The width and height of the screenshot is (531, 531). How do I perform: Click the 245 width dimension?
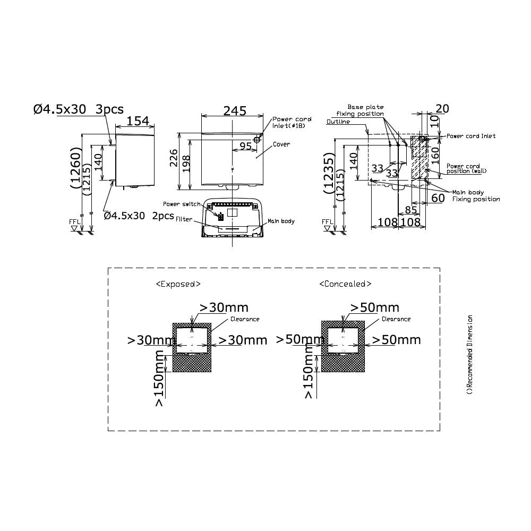pyautogui.click(x=235, y=111)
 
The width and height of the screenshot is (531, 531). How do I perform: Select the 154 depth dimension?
pyautogui.click(x=138, y=121)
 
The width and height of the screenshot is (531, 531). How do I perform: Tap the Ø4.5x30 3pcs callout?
pyautogui.click(x=78, y=109)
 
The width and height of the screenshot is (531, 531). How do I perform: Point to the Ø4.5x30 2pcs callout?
pyautogui.click(x=139, y=216)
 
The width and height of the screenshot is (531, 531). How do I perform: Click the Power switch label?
pyautogui.click(x=182, y=204)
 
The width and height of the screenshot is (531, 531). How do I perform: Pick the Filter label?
pyautogui.click(x=184, y=219)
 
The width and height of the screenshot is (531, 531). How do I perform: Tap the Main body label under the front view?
pyautogui.click(x=280, y=221)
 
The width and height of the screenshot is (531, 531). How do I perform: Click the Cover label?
pyautogui.click(x=281, y=144)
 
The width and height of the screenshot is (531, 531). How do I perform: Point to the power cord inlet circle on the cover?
pyautogui.click(x=257, y=140)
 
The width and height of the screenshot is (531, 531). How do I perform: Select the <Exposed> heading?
pyautogui.click(x=178, y=284)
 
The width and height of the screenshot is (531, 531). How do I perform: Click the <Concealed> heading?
pyautogui.click(x=345, y=284)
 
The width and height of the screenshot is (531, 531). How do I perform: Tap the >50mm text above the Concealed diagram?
pyautogui.click(x=375, y=307)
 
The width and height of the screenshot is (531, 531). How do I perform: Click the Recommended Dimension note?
pyautogui.click(x=469, y=355)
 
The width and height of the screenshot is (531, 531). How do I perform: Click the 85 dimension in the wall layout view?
pyautogui.click(x=411, y=209)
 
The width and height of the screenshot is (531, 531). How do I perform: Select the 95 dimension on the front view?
pyautogui.click(x=245, y=145)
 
